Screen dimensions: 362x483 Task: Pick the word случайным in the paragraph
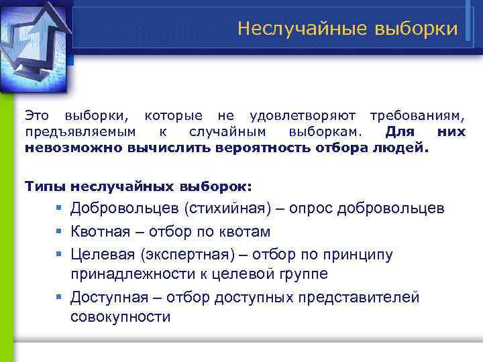coord(227,132)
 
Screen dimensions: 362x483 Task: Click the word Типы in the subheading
coord(45,186)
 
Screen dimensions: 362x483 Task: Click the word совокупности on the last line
coord(121,316)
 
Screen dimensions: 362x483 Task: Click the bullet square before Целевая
coord(60,255)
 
